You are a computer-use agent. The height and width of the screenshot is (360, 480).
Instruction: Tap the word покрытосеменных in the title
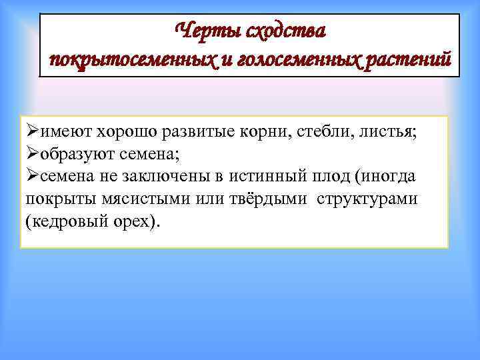[x=131, y=60]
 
